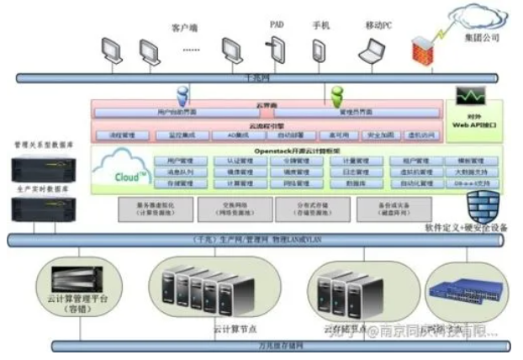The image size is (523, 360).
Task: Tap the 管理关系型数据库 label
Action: (38, 145)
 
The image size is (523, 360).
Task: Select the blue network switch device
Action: (454, 291)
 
